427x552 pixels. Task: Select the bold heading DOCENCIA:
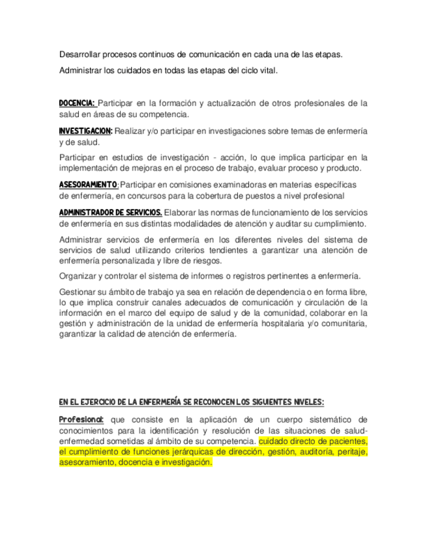click(x=77, y=103)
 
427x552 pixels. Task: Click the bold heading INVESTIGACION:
click(x=85, y=131)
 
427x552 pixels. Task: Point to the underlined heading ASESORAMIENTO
click(x=88, y=184)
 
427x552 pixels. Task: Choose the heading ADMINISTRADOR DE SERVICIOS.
click(x=110, y=212)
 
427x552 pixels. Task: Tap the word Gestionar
click(x=80, y=291)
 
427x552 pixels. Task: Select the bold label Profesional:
click(x=81, y=419)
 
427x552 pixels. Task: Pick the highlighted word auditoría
click(x=308, y=451)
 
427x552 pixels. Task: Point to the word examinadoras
click(x=244, y=185)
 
